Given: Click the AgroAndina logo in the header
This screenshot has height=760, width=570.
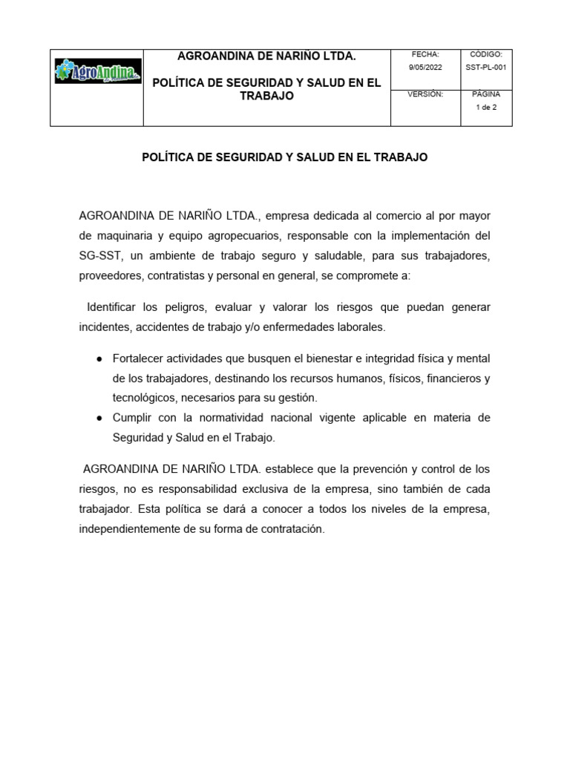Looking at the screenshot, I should [98, 73].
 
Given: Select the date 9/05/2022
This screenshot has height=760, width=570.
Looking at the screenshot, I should [425, 67].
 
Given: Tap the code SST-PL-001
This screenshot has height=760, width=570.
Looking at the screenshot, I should [487, 67].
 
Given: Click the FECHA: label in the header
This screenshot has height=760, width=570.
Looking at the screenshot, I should [425, 54].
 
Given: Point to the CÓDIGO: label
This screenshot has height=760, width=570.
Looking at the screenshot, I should [487, 54].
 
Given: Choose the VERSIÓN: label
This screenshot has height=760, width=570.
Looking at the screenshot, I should [425, 94].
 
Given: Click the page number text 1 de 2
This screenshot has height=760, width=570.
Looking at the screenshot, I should [487, 107].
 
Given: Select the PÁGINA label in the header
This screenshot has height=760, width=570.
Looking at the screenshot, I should [487, 94].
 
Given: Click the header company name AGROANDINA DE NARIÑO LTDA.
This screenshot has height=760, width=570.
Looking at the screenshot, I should [266, 56].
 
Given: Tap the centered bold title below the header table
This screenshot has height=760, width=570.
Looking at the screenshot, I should [284, 158].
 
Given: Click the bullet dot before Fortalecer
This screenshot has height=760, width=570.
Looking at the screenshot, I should [99, 359].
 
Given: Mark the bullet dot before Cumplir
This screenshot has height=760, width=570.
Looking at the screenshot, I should [99, 418].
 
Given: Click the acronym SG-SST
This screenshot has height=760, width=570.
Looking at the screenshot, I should [100, 256].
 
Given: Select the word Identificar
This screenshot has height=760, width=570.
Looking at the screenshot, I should [114, 307].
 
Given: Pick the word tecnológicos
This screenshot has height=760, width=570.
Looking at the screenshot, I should [144, 398].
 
